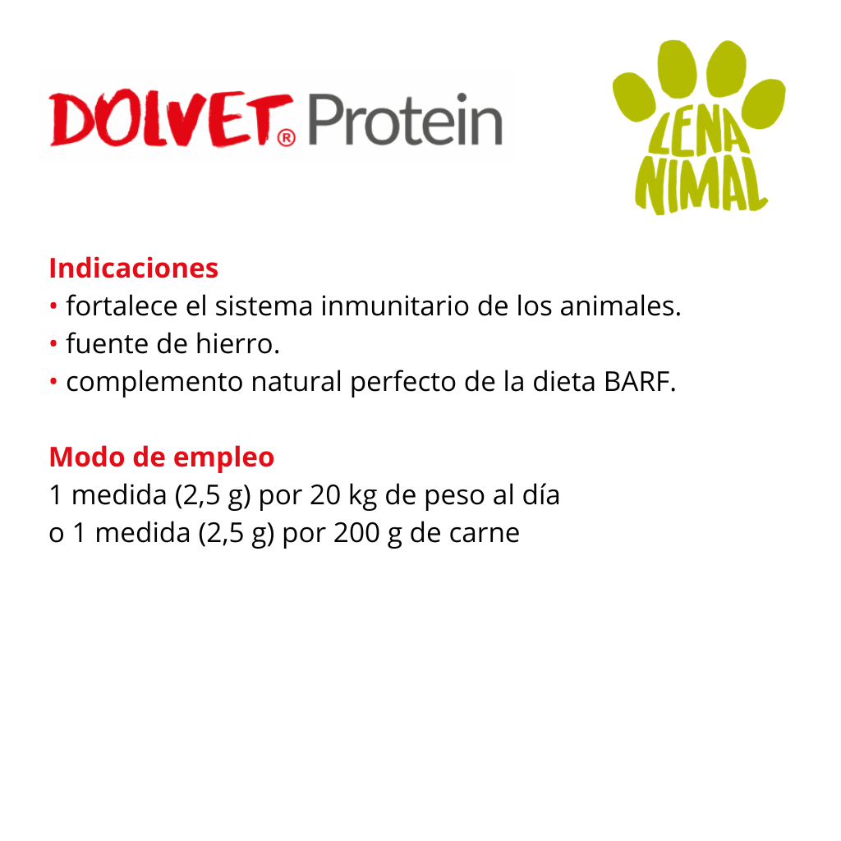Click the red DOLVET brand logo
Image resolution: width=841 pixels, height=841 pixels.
172,119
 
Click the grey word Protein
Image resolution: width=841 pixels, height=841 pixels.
406,120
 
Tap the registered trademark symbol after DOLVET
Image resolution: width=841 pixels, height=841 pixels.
287,138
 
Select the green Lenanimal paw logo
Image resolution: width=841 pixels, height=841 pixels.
699,127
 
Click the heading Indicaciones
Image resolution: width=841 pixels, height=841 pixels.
134,268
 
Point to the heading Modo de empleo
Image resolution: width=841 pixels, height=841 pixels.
162,457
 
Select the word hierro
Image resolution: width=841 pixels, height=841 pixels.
237,344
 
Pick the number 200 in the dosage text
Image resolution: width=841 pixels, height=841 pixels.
356,533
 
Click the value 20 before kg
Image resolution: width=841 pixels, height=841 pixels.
325,495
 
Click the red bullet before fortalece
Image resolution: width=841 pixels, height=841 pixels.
53,306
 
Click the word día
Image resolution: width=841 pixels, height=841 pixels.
541,494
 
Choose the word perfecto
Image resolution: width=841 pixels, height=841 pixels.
403,383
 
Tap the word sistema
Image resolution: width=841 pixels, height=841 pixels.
264,307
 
